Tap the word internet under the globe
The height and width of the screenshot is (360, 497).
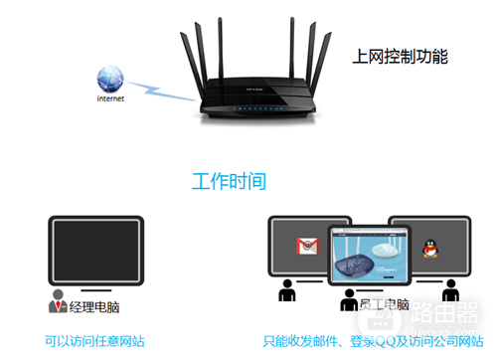(110, 99)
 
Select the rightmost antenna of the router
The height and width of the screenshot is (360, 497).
(325, 55)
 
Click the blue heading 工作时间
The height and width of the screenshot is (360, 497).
(228, 182)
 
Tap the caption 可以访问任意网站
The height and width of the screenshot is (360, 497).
(94, 341)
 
